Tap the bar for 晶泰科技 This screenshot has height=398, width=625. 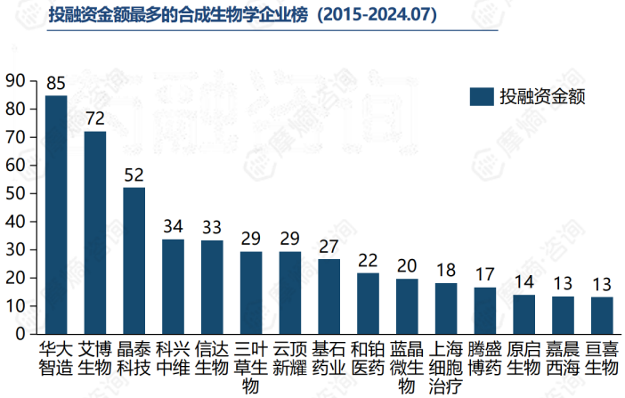(x=134, y=261)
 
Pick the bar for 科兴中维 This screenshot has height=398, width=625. (x=173, y=287)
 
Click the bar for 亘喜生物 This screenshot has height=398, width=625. (x=602, y=316)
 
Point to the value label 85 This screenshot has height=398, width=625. (x=56, y=84)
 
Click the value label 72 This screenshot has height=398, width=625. (x=94, y=119)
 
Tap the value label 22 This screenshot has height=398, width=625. (x=368, y=261)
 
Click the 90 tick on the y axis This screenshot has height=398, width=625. (x=16, y=81)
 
